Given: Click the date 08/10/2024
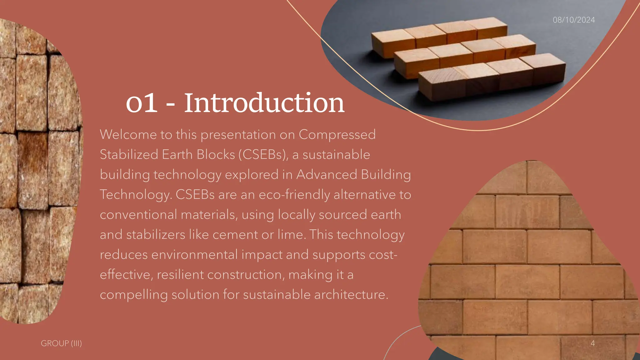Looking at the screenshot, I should [574, 20].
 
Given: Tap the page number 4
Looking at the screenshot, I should [592, 343].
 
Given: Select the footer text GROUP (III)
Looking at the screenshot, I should [61, 343].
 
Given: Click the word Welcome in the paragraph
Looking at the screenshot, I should [128, 135].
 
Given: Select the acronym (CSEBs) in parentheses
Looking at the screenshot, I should [263, 155].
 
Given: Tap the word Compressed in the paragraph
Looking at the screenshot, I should [337, 135].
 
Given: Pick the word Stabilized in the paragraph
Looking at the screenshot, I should [129, 155].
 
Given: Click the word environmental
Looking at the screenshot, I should [194, 255].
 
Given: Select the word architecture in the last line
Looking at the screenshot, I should [351, 295].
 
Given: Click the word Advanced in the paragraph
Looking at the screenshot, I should [327, 175].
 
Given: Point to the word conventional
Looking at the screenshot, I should [138, 215].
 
